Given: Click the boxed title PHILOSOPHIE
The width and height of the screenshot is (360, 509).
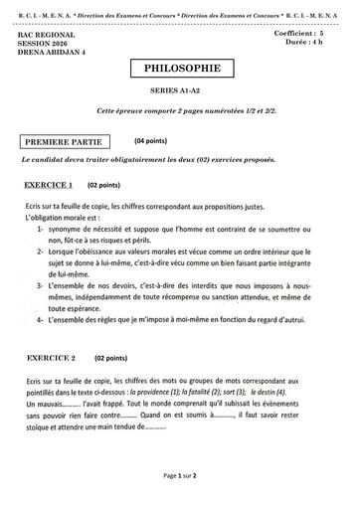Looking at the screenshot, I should pos(179,71).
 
